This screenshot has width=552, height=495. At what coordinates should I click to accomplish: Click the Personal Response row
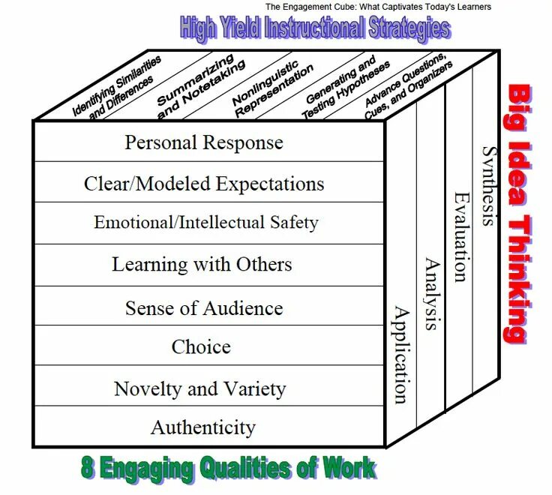coord(204,142)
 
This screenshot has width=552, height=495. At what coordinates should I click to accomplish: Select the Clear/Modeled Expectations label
coord(204,184)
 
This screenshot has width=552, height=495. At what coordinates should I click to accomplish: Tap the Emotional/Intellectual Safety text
coord(205,223)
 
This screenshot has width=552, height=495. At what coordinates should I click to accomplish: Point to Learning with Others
coord(202,264)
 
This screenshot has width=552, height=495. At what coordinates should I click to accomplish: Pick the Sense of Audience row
coord(204,307)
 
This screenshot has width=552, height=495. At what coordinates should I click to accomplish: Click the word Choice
coord(201,346)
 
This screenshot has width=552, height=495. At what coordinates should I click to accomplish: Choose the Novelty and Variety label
coord(199,388)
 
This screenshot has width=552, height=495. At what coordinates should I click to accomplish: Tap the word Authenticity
coord(203,427)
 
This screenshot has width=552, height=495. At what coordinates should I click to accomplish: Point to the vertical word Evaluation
coord(460,236)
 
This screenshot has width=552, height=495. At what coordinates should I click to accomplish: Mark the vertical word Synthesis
coord(488,184)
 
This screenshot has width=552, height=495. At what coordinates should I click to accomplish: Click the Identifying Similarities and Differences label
coord(116,89)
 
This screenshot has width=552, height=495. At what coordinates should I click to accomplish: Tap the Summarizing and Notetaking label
coord(196,87)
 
